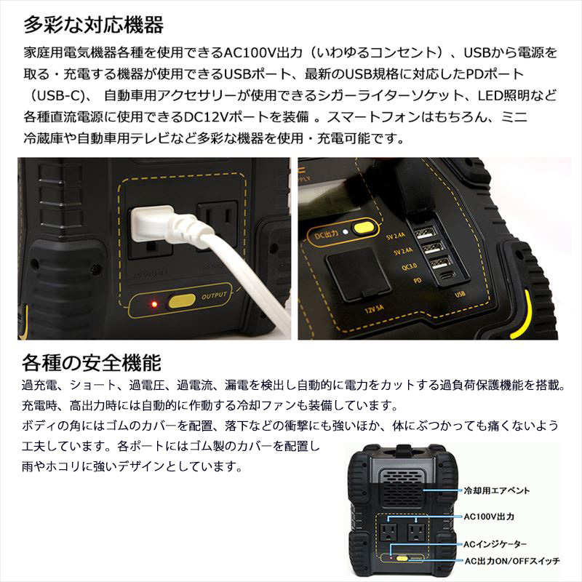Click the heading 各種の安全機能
click(x=91, y=362)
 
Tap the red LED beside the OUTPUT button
click(x=153, y=301)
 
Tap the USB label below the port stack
click(x=459, y=295)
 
